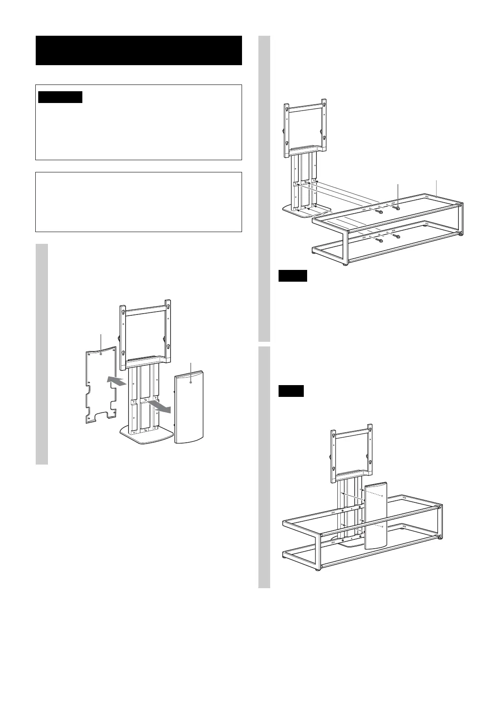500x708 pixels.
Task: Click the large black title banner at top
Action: click(139, 50)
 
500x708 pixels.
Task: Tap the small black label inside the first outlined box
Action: click(60, 97)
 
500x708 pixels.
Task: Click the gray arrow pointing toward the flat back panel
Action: click(117, 381)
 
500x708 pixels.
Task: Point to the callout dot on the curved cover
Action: click(191, 382)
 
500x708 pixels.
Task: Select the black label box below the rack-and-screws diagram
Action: click(293, 276)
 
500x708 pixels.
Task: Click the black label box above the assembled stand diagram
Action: click(291, 391)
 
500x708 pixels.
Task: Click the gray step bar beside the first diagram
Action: click(42, 354)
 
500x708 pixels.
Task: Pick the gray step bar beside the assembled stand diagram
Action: click(264, 467)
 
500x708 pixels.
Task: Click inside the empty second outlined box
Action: click(139, 201)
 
